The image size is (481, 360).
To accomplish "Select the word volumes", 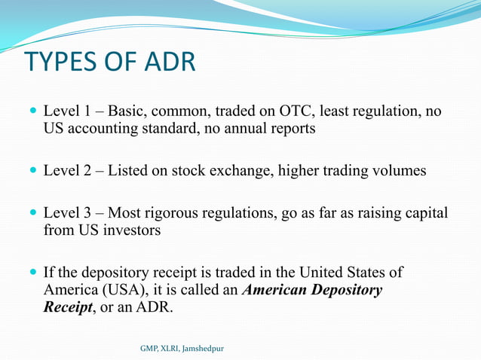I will [x=398, y=171].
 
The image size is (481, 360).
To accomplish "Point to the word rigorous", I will [x=183, y=214].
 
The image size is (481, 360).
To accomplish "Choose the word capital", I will [x=426, y=214].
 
